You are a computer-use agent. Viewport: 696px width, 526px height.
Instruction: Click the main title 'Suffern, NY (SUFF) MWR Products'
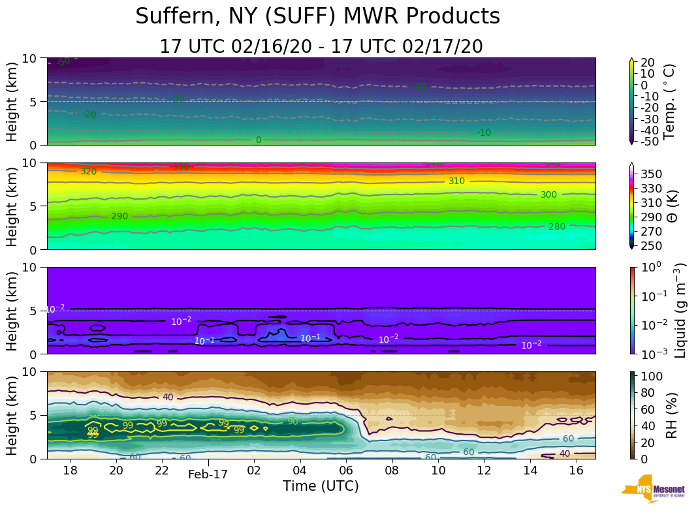(x=317, y=17)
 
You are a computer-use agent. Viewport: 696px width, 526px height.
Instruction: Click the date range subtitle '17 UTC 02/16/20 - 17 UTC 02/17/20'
(x=321, y=47)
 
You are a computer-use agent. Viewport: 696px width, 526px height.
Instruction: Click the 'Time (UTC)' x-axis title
(x=321, y=486)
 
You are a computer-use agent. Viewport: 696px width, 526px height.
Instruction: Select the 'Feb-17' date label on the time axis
(x=208, y=474)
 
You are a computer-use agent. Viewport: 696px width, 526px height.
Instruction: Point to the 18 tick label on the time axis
(x=71, y=471)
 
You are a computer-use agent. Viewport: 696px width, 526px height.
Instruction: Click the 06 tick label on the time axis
(x=346, y=471)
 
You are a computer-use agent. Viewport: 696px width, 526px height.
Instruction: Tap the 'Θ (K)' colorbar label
(x=670, y=206)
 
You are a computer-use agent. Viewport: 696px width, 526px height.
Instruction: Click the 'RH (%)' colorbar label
(x=670, y=415)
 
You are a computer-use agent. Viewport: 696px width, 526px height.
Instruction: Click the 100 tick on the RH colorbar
(x=654, y=377)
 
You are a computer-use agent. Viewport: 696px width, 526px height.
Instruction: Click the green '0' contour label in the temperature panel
(x=259, y=140)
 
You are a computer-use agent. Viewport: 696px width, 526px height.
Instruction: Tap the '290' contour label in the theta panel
(x=119, y=216)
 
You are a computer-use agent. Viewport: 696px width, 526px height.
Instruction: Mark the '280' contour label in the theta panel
(x=556, y=226)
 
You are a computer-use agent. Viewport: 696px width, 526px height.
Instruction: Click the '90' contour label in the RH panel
(x=293, y=422)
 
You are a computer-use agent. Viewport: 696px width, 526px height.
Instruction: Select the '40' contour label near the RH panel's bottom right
(x=565, y=454)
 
